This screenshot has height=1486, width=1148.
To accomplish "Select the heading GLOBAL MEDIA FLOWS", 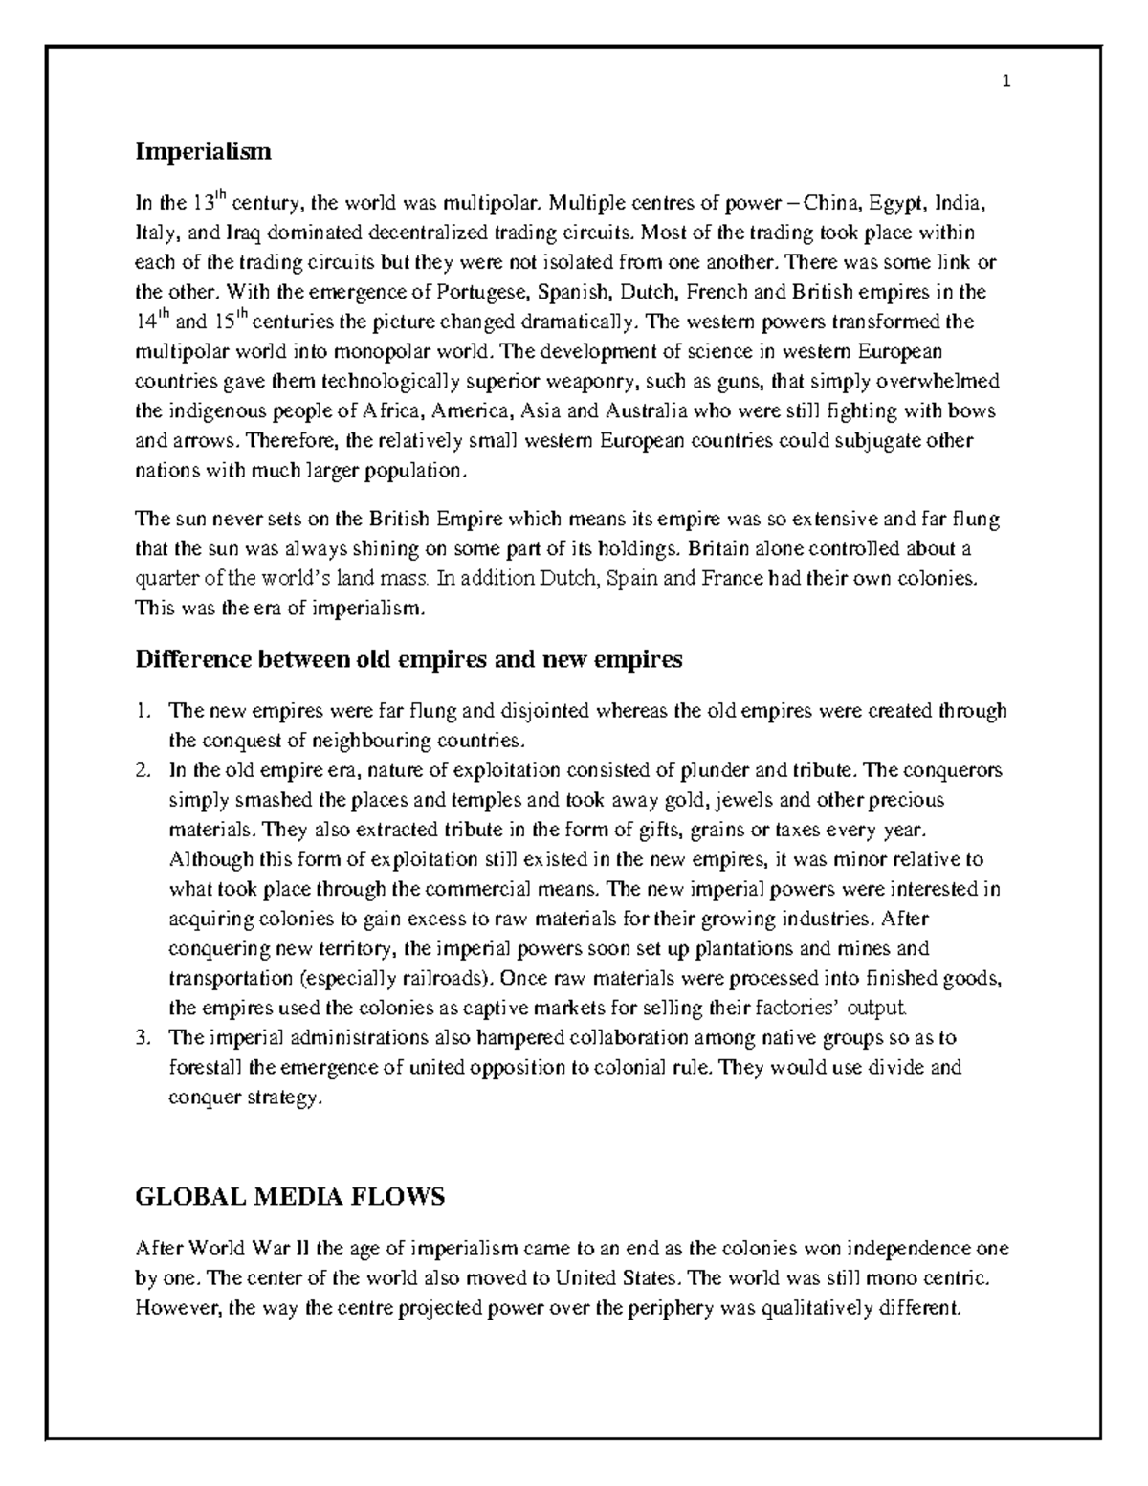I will point(290,1196).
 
